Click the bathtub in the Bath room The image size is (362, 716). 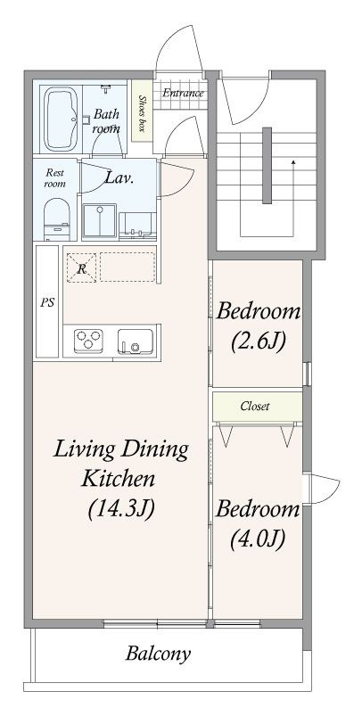[61, 119]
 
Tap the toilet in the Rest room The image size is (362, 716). [57, 218]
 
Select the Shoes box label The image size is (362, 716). [143, 113]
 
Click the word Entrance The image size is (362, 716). [183, 93]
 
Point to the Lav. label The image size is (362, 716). [119, 177]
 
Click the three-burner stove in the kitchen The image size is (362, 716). [88, 341]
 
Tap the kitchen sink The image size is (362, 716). [136, 342]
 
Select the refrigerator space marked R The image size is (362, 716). [81, 268]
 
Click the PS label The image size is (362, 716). [47, 303]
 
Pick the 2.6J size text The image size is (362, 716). [259, 341]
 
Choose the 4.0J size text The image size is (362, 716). [258, 539]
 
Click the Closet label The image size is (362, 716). [255, 406]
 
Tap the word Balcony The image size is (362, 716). [158, 654]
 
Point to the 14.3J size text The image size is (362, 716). [121, 508]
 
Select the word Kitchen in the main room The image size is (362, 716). [119, 479]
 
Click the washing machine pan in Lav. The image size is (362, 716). [99, 221]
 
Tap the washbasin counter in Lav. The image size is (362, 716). [137, 226]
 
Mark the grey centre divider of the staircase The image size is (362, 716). [267, 165]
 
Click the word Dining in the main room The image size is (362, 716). [154, 450]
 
